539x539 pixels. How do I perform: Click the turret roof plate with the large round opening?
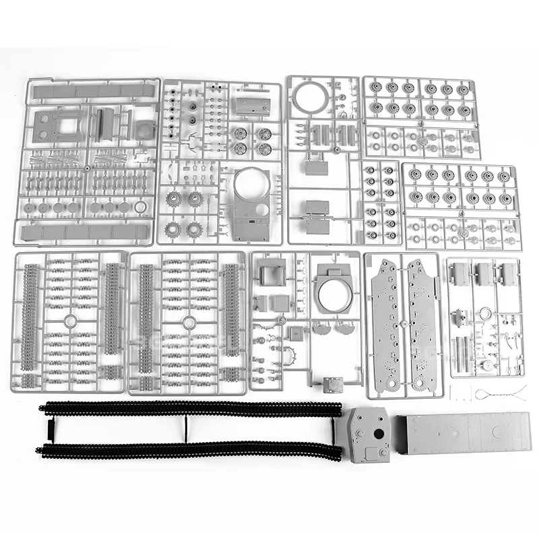334,288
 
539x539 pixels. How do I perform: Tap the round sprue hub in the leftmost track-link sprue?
70,322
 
